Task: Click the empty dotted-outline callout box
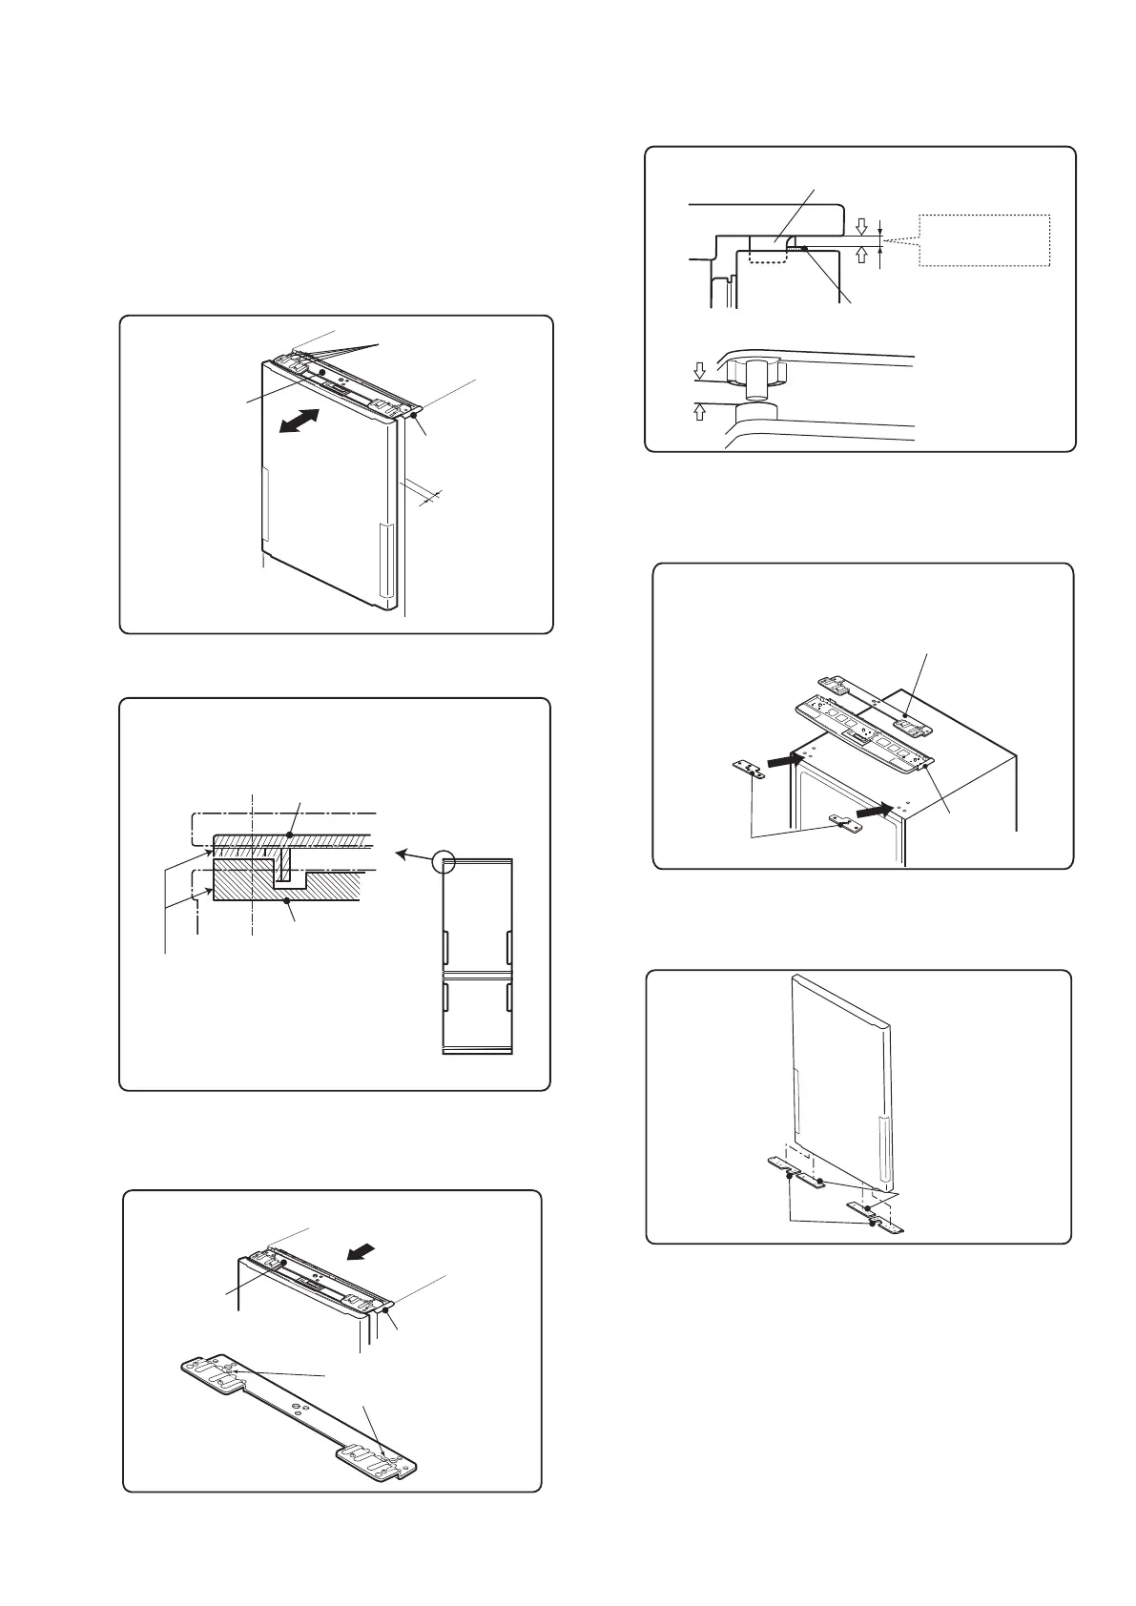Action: click(983, 240)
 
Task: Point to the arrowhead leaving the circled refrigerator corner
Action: click(402, 852)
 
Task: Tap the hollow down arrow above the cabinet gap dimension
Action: click(862, 226)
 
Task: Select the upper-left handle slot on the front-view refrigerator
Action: click(445, 947)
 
